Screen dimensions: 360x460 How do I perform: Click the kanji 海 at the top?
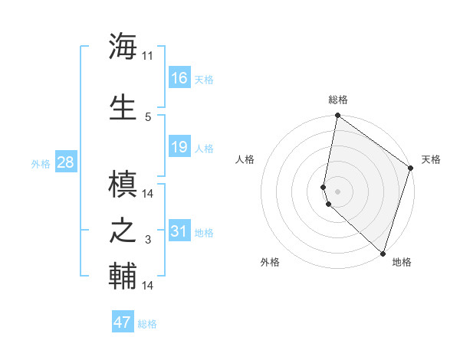pos(123,47)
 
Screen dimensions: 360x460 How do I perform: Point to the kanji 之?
pos(123,231)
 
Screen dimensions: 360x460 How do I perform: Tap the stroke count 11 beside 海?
pos(147,56)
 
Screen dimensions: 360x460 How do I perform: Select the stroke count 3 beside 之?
pos(148,241)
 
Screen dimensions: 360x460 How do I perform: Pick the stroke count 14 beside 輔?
pos(148,286)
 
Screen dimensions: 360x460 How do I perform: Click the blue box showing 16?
pos(179,78)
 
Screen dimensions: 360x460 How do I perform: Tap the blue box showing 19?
pos(179,147)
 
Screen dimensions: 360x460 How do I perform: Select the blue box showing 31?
pos(179,231)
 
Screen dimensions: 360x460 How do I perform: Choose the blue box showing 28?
pos(64,162)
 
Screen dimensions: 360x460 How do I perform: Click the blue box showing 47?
pos(123,322)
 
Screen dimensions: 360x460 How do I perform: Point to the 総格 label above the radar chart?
pos(338,100)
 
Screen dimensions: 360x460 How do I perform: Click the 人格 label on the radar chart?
pos(245,159)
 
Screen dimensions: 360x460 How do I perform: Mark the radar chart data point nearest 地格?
pos(383,254)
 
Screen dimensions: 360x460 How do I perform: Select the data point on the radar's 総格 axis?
pos(337,116)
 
